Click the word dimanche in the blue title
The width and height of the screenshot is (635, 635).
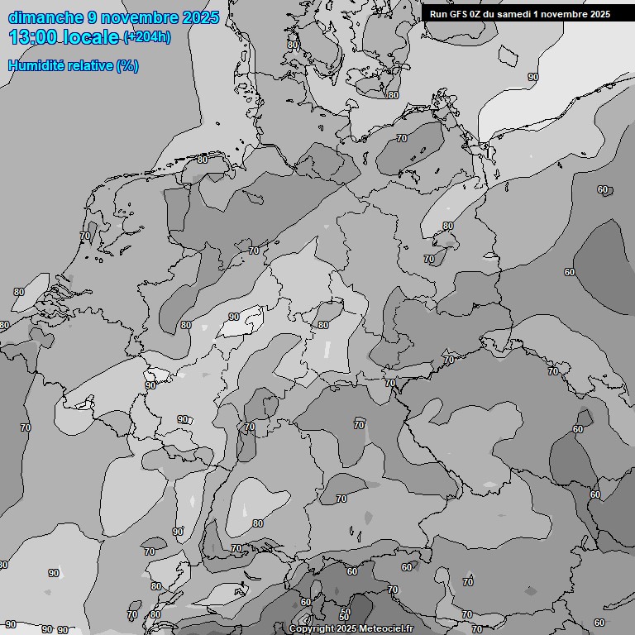45,17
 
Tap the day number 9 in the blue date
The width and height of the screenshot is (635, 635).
93,17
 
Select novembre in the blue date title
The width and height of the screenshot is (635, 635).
142,17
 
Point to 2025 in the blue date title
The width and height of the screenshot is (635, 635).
202,17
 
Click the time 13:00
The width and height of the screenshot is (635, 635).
32,37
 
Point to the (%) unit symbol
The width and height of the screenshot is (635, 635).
127,65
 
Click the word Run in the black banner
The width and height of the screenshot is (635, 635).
438,14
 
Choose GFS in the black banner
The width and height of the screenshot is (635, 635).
459,14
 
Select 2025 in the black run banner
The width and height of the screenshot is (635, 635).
599,14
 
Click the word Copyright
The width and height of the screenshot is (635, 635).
312,629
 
